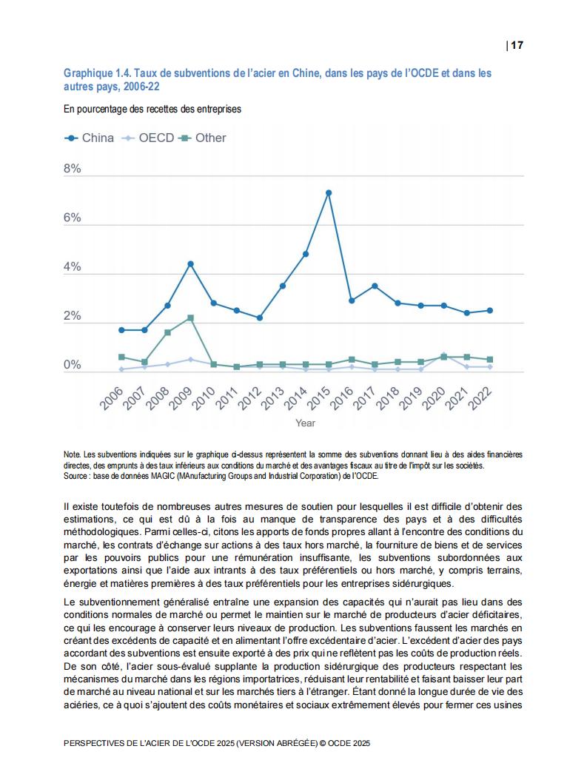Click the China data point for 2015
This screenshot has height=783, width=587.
tap(328, 192)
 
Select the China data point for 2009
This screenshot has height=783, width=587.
tap(190, 263)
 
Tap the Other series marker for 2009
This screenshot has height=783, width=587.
tap(190, 317)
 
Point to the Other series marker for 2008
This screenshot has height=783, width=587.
tap(167, 332)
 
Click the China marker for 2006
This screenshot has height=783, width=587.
tap(121, 329)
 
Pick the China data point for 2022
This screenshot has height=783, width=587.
tap(489, 310)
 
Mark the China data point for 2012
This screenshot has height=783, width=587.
tap(259, 317)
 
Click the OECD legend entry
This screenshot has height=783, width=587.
tap(148, 138)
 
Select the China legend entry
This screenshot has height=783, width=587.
tap(89, 138)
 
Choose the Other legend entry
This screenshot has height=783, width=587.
tap(202, 138)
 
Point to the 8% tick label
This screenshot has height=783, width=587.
tap(73, 168)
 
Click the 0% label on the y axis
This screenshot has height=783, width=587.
tap(73, 365)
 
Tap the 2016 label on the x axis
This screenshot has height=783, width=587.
tap(342, 398)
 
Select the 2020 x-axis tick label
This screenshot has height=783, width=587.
tap(434, 398)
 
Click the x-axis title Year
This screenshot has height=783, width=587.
tap(305, 423)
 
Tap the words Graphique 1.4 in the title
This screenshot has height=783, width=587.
tap(97, 73)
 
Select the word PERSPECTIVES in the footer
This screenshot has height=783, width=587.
tap(94, 743)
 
